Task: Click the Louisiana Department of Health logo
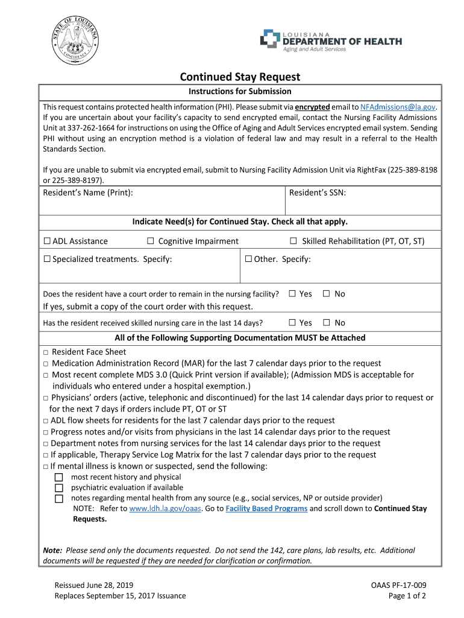point(331,40)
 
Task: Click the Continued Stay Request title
point(240,77)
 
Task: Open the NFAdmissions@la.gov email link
point(398,107)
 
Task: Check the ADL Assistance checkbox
point(46,241)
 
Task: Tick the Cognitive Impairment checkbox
point(151,241)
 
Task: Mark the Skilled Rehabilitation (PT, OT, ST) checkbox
point(293,241)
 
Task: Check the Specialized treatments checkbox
point(46,260)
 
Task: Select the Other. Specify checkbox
point(248,260)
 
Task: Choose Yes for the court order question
point(292,294)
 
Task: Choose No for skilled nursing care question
point(326,323)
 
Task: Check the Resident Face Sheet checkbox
point(46,352)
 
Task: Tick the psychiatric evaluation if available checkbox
point(59,488)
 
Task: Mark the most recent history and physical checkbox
point(59,477)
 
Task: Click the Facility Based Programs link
point(266,509)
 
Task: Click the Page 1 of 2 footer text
point(407,596)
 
